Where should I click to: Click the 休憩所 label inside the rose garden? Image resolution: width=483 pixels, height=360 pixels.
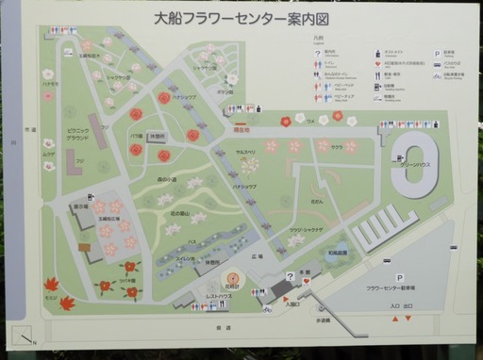pyautogui.click(x=158, y=134)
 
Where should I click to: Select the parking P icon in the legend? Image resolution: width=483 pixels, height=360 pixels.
pyautogui.click(x=437, y=55)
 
